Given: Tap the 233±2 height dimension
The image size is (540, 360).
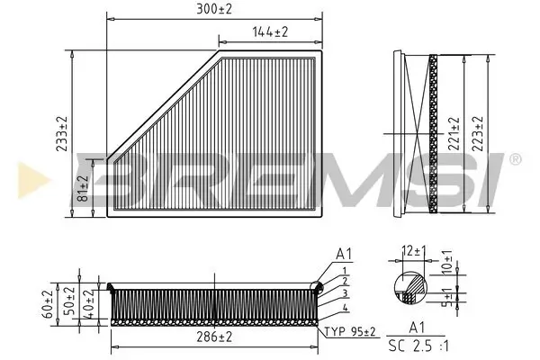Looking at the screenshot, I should [x=61, y=135].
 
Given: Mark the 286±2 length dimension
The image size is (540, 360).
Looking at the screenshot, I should [x=213, y=337].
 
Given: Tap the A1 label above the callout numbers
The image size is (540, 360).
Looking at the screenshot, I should [x=343, y=254].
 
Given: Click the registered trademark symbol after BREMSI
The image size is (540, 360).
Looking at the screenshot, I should [x=514, y=159].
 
